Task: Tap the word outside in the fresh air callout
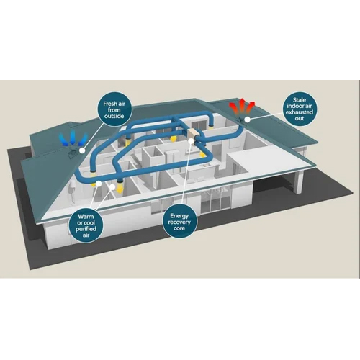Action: click(x=114, y=116)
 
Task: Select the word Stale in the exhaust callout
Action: click(x=300, y=100)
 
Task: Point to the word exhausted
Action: click(x=300, y=112)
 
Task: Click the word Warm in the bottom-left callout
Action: click(x=86, y=217)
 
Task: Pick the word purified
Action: click(x=86, y=229)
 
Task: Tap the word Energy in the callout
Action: click(x=179, y=216)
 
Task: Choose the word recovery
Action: click(x=179, y=222)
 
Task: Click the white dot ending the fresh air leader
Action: click(x=82, y=150)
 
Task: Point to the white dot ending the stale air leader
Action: click(x=246, y=120)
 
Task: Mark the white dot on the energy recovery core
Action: click(x=191, y=140)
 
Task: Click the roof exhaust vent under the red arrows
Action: click(x=240, y=120)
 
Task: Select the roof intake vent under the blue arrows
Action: click(x=73, y=153)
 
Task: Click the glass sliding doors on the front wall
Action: click(x=216, y=203)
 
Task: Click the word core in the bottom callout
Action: click(x=179, y=228)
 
